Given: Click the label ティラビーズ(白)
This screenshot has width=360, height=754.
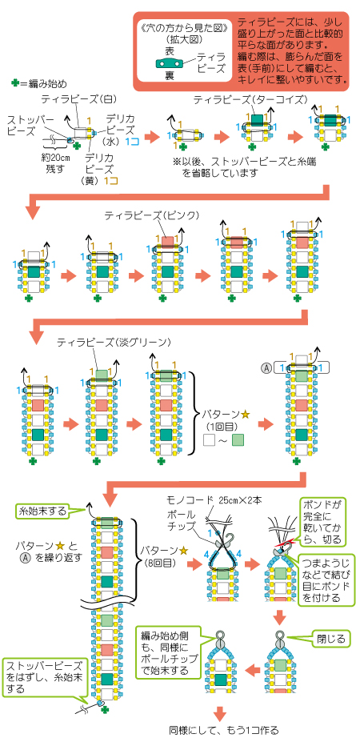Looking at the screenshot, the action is pyautogui.click(x=79, y=99).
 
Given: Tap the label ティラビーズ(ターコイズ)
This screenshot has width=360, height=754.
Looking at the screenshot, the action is pyautogui.click(x=250, y=99).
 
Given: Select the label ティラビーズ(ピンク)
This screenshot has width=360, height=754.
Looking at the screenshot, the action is pyautogui.click(x=152, y=216).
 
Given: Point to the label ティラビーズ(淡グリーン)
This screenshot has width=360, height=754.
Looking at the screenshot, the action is pyautogui.click(x=114, y=343).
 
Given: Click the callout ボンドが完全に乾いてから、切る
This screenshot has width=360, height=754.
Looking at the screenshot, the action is pyautogui.click(x=323, y=522).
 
